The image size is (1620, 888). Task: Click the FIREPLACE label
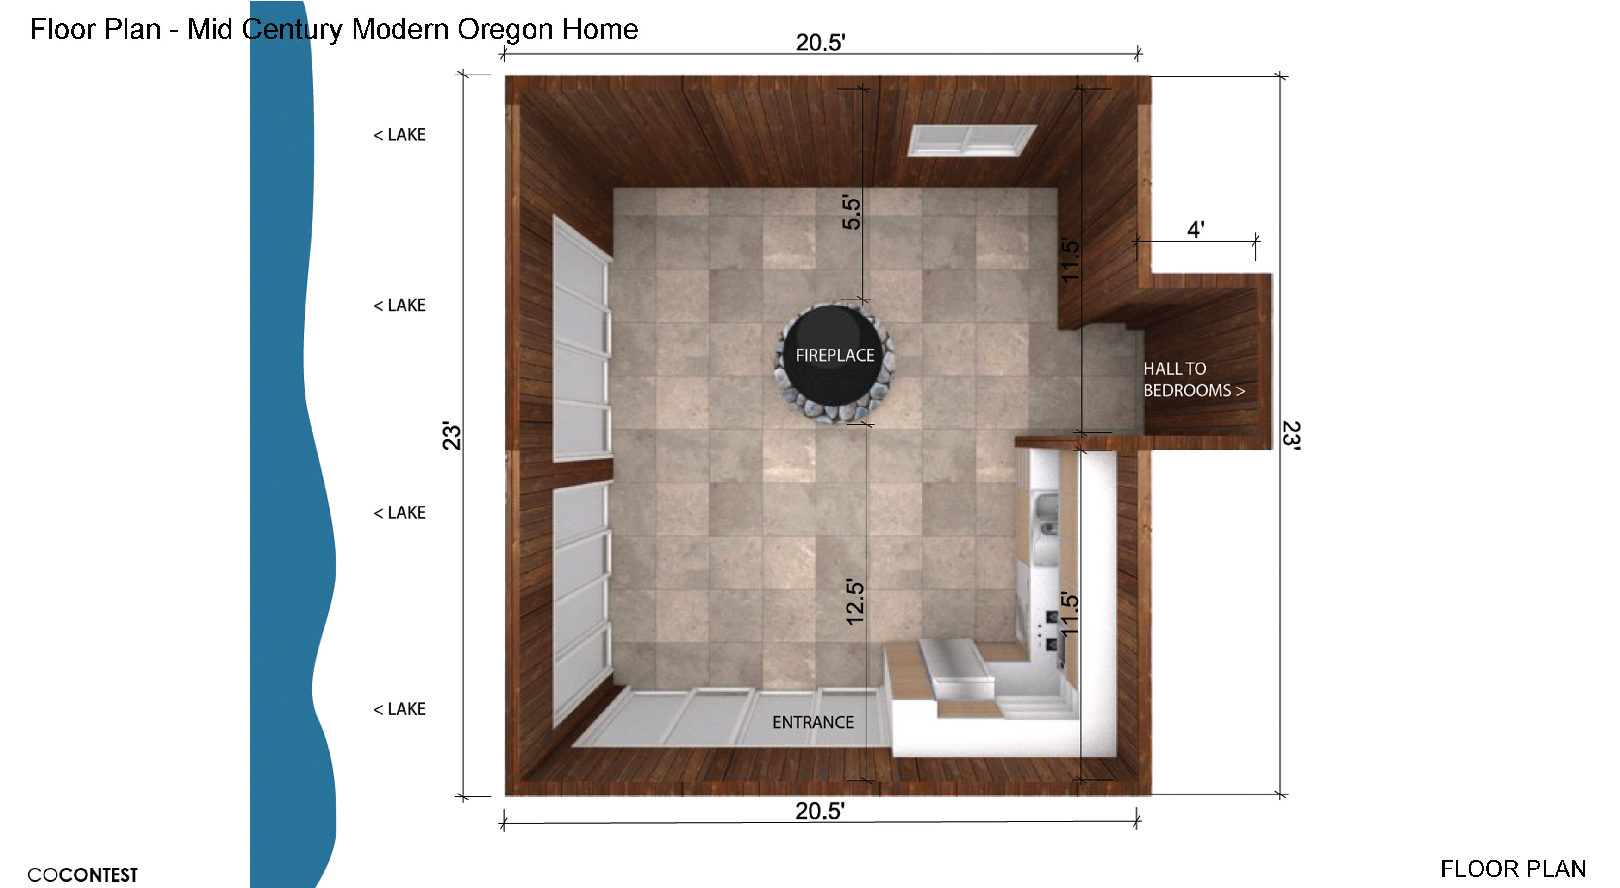pyautogui.click(x=835, y=355)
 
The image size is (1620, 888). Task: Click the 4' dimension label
pyautogui.click(x=1196, y=230)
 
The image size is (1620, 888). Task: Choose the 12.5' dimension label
pyautogui.click(x=855, y=602)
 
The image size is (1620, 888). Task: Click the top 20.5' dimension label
pyautogui.click(x=820, y=43)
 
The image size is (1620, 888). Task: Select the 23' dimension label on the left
pyautogui.click(x=452, y=436)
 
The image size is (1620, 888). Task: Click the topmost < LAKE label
pyautogui.click(x=399, y=135)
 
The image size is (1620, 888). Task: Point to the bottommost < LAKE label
pyautogui.click(x=399, y=709)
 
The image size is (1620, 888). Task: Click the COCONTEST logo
pyautogui.click(x=82, y=875)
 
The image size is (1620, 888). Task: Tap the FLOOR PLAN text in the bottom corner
pyautogui.click(x=1513, y=869)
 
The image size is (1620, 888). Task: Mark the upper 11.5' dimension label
pyautogui.click(x=1070, y=260)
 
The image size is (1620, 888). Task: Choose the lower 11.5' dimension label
pyautogui.click(x=1070, y=614)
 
